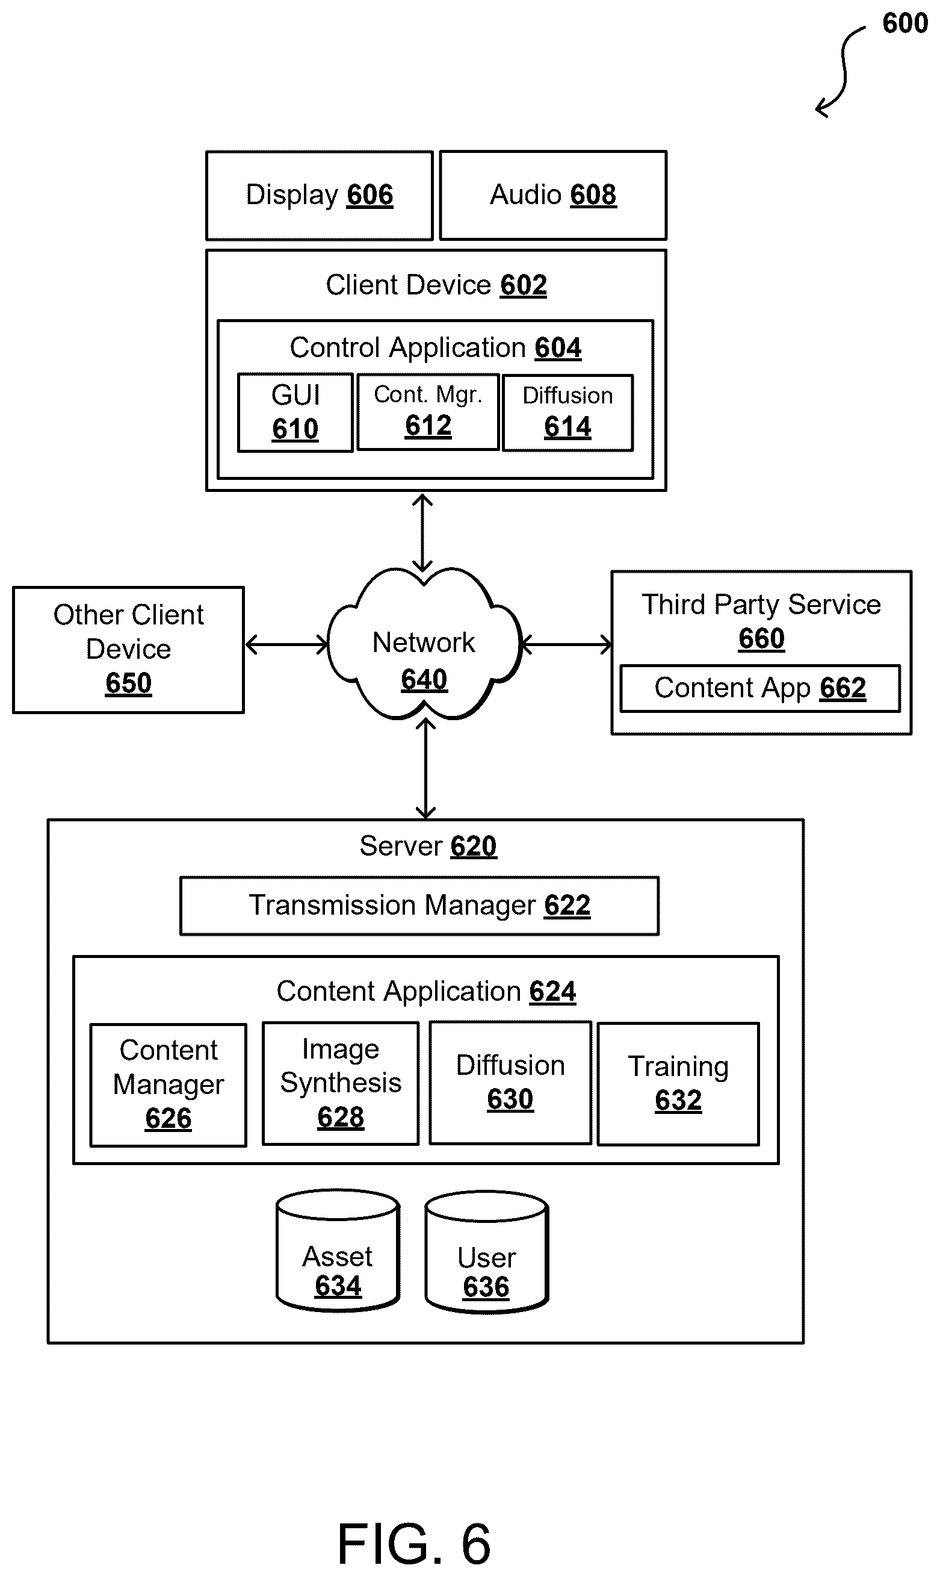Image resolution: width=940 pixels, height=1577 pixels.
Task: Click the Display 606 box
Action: (x=319, y=195)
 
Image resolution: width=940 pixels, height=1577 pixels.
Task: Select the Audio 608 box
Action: (x=553, y=195)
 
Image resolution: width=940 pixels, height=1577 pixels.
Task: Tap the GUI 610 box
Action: (x=295, y=412)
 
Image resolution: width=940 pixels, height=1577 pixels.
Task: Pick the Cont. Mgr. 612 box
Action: (x=428, y=412)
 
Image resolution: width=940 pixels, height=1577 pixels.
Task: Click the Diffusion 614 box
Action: (x=567, y=412)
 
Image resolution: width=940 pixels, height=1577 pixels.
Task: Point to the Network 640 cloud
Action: (x=424, y=644)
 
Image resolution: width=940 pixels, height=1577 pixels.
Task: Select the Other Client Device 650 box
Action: (x=129, y=650)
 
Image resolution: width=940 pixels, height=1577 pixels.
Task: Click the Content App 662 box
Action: (x=760, y=688)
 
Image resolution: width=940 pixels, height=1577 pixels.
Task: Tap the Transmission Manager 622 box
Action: (x=419, y=906)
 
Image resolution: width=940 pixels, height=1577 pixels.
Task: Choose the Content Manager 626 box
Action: (x=169, y=1084)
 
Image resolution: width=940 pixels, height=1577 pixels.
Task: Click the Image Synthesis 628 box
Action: (x=341, y=1083)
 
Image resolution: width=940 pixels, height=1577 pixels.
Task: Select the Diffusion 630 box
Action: (x=510, y=1083)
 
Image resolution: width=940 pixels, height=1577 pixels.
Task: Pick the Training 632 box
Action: (x=678, y=1084)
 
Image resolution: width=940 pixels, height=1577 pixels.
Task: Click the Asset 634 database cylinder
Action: (x=338, y=1251)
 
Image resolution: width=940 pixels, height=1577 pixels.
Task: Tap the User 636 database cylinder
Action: (x=486, y=1252)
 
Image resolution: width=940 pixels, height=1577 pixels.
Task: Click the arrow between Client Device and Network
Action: (x=422, y=533)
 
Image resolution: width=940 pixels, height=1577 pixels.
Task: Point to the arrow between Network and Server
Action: (x=425, y=768)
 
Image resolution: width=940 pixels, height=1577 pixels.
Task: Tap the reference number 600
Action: (x=904, y=23)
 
